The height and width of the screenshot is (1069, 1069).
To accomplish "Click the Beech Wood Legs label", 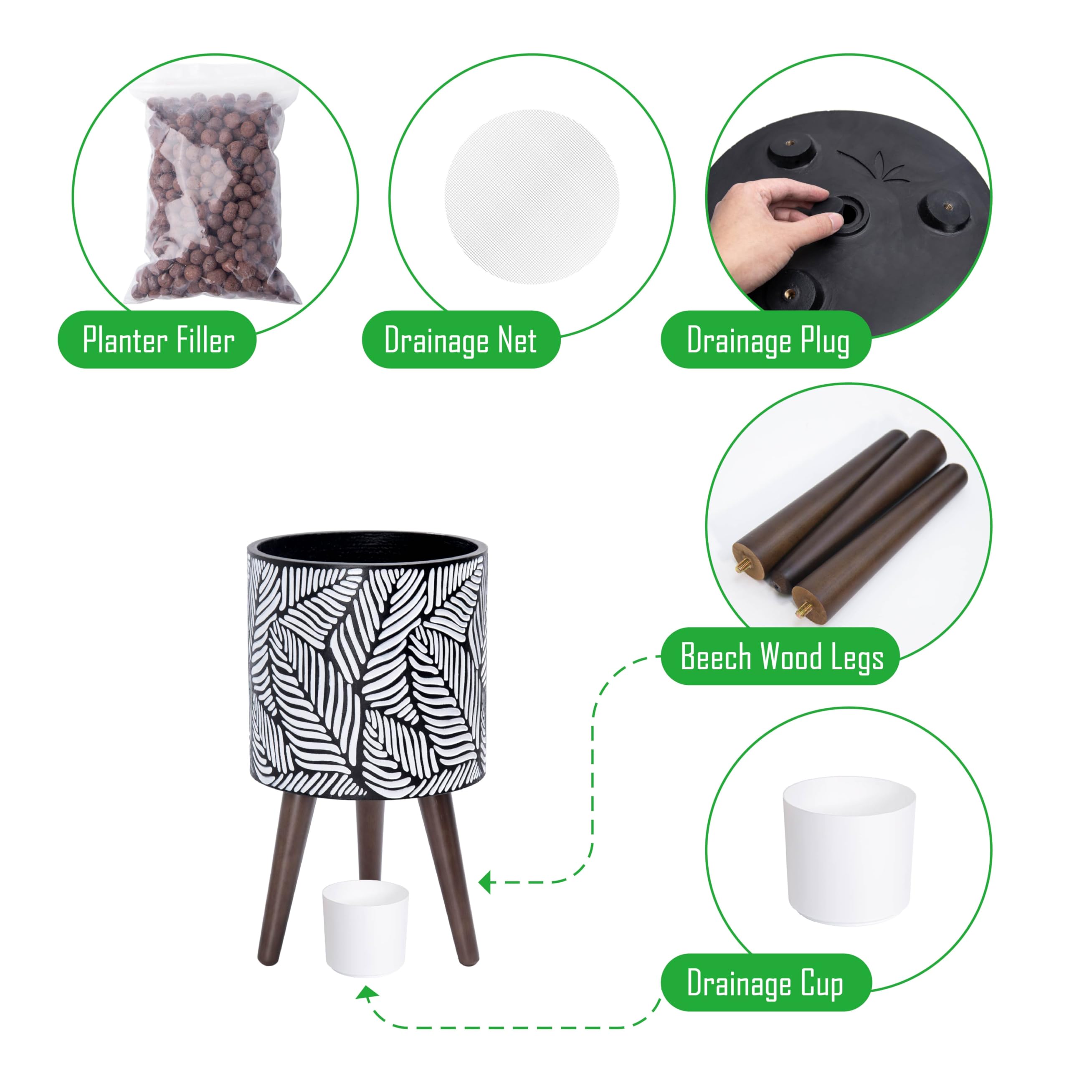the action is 781,656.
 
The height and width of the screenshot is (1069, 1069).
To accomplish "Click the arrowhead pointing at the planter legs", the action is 485,882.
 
